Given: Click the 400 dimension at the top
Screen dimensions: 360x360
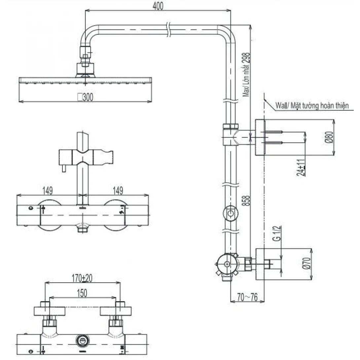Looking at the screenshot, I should coord(158,6).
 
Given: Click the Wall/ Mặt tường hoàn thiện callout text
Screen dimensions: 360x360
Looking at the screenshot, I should coord(311,106).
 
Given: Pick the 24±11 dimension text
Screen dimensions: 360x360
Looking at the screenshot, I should coord(301,168).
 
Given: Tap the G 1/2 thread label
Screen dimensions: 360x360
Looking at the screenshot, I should coord(277,234).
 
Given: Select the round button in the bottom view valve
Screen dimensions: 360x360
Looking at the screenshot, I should coord(81,340).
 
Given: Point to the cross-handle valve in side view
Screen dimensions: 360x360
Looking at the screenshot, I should coord(227,265).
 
